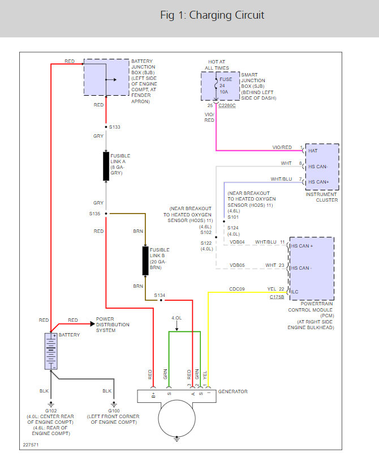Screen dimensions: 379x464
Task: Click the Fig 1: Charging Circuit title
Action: coord(212,15)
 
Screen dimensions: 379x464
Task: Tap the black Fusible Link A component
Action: coord(106,166)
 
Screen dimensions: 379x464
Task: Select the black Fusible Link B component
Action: coord(145,261)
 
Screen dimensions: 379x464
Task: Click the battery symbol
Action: coord(51,351)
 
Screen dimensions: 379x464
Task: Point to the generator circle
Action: coord(176,418)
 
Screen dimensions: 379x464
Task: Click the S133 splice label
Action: coord(115,127)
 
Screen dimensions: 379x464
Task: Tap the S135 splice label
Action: coord(94,214)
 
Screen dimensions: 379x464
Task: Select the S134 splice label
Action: coord(160,295)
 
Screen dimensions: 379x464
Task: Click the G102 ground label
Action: coord(51,411)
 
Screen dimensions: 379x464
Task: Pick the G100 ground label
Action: coord(114,411)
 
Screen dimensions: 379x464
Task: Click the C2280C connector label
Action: coord(227,105)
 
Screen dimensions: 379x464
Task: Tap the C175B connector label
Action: coord(277,297)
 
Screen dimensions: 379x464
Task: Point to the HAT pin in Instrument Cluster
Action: coord(313,151)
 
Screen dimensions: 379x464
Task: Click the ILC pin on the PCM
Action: coord(295,292)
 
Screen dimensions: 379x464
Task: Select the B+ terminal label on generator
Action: coord(153,395)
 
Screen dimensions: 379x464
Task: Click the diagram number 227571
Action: coord(31,445)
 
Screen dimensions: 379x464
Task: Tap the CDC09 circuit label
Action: coord(237,289)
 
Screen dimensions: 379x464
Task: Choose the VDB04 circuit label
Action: coord(237,242)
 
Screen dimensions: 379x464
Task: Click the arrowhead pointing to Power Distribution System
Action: coord(92,324)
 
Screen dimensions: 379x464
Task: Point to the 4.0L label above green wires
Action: coord(176,318)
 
